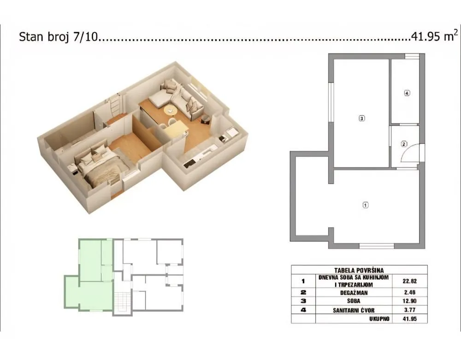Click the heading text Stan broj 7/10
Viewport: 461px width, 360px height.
[59, 37]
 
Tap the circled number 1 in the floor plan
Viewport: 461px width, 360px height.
[366, 205]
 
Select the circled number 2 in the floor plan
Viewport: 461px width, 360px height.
[404, 144]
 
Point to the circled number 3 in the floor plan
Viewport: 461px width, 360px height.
[362, 118]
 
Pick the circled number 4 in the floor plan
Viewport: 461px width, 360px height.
[407, 93]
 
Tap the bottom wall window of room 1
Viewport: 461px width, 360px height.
[377, 246]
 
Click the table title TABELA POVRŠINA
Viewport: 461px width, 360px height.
[359, 270]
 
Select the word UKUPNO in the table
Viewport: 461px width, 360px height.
[379, 319]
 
